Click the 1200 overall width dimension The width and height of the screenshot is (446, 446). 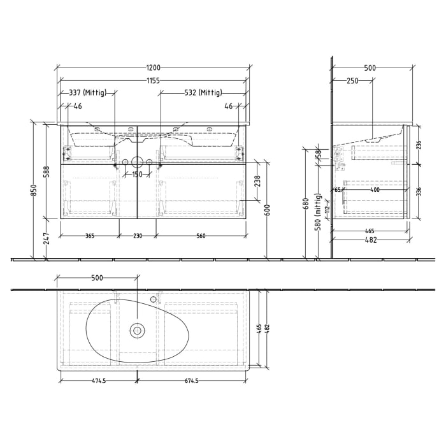(x=153, y=68)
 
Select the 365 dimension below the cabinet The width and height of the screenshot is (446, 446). (x=89, y=236)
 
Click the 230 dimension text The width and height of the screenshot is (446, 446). (x=137, y=236)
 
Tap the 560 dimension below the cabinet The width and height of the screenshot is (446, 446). (x=201, y=236)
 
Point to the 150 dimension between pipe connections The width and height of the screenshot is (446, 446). (x=137, y=173)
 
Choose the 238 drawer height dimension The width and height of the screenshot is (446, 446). (x=258, y=182)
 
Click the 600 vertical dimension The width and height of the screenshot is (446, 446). (x=268, y=210)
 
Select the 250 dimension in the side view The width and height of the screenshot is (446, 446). (x=352, y=81)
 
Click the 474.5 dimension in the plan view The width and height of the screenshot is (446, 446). (x=97, y=381)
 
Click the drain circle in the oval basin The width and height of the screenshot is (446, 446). (x=137, y=330)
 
